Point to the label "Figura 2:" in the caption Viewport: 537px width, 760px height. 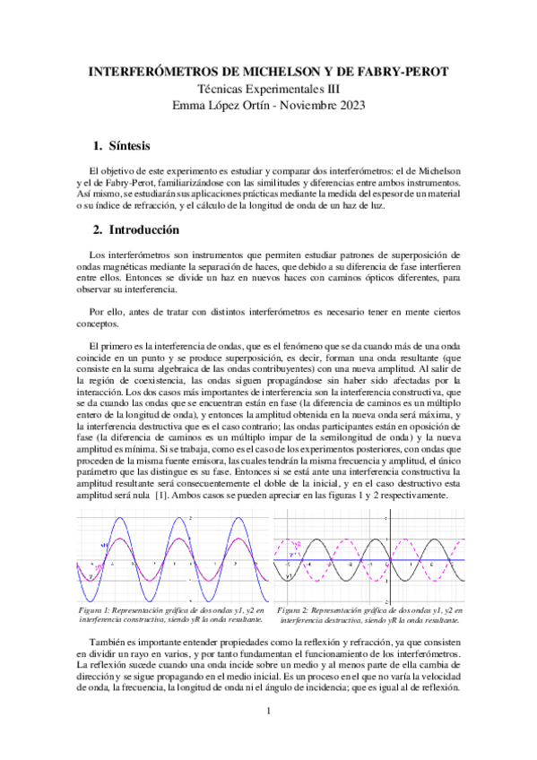click(298, 610)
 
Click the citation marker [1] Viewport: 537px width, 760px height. click(166, 496)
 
